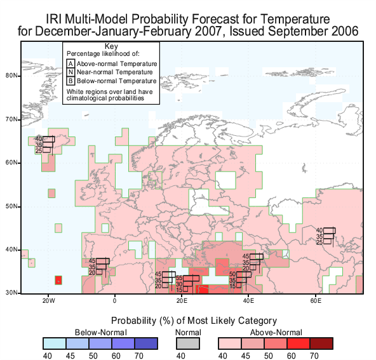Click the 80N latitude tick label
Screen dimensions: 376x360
coord(11,76)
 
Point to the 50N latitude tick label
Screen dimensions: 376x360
coord(11,206)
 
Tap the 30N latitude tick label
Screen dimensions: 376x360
coord(11,293)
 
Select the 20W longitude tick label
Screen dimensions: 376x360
coord(49,300)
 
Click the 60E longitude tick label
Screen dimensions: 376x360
coord(316,300)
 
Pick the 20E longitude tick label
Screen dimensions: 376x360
coord(182,300)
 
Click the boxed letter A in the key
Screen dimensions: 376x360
coord(70,63)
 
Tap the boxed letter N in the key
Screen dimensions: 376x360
coord(70,72)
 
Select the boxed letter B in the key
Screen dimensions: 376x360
coord(70,81)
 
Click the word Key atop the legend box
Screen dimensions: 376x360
coord(111,46)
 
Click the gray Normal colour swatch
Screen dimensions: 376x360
coord(188,343)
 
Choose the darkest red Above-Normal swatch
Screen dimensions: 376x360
coord(321,343)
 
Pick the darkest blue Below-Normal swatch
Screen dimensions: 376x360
coord(146,343)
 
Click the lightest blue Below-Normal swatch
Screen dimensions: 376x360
coord(55,343)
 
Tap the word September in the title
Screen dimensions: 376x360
coord(298,31)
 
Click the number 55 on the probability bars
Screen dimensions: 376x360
coord(179,278)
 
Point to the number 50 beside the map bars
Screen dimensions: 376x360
coord(232,274)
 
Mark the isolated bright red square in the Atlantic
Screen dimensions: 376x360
coord(58,280)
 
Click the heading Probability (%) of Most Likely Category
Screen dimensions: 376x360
coord(194,321)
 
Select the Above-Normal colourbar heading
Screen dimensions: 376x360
coord(276,333)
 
